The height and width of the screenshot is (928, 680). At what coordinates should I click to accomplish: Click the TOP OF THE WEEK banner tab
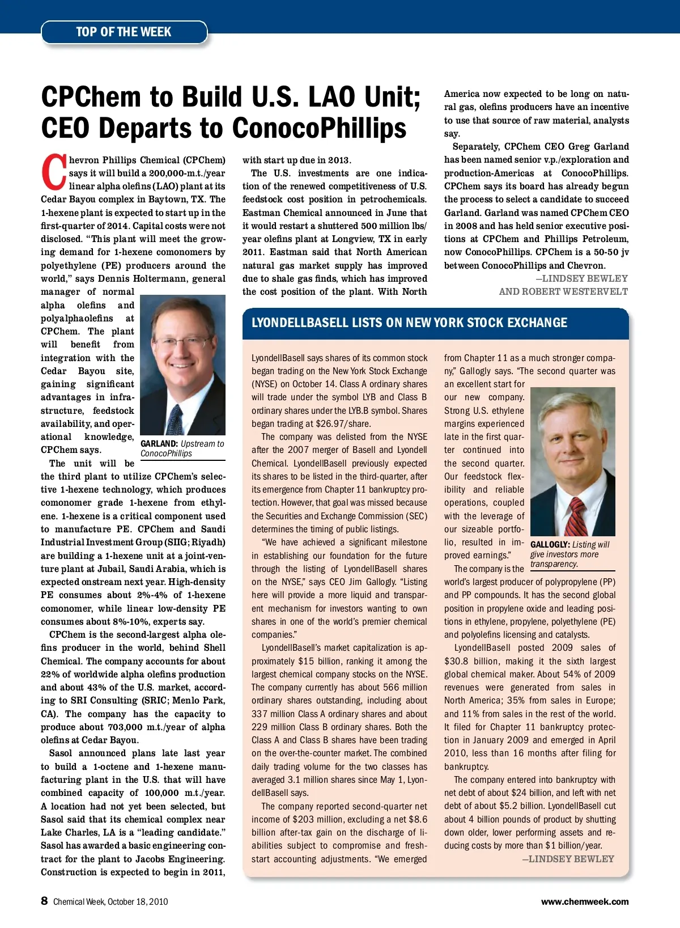124,32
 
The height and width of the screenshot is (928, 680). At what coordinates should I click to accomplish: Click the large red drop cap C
53,172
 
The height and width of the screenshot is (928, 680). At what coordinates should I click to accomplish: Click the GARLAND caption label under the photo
159,444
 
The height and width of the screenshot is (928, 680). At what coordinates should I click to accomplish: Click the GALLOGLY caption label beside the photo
549,545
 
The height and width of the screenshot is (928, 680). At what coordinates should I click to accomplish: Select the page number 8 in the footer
44,901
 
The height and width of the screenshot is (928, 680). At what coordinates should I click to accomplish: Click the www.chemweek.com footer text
584,901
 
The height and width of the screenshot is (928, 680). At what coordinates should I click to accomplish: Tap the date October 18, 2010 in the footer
137,902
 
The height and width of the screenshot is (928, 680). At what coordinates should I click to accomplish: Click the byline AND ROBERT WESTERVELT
563,291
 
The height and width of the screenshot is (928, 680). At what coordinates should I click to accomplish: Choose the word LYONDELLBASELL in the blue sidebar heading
300,323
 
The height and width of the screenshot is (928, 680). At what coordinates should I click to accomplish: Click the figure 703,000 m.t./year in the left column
169,727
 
